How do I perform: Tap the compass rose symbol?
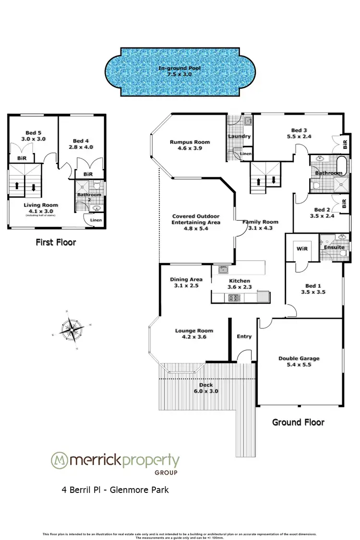[x=71, y=329]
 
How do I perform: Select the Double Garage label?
[x=299, y=359]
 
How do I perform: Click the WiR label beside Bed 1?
[x=302, y=249]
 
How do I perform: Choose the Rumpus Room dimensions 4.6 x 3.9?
[x=190, y=149]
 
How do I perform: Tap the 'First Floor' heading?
[x=56, y=242]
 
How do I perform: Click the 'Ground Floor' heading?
[x=298, y=422]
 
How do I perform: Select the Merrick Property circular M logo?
[x=60, y=460]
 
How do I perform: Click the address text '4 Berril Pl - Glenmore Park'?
[x=115, y=490]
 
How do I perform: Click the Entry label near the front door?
[x=244, y=336]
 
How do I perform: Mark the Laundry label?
[x=239, y=136]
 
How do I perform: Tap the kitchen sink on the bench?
[x=223, y=269]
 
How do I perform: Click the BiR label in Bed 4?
[x=88, y=174]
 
